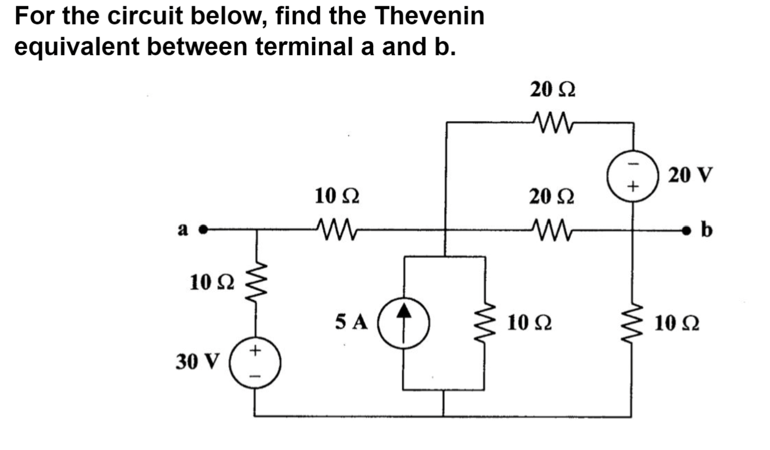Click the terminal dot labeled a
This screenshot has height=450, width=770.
click(x=204, y=229)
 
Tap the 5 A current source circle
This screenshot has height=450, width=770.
click(x=403, y=324)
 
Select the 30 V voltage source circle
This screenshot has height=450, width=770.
click(x=255, y=362)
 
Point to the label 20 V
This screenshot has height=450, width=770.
click(x=690, y=175)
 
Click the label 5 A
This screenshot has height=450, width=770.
click(x=352, y=322)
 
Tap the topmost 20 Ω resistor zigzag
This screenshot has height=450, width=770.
click(x=552, y=123)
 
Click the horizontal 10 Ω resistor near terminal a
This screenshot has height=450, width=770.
click(x=336, y=229)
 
